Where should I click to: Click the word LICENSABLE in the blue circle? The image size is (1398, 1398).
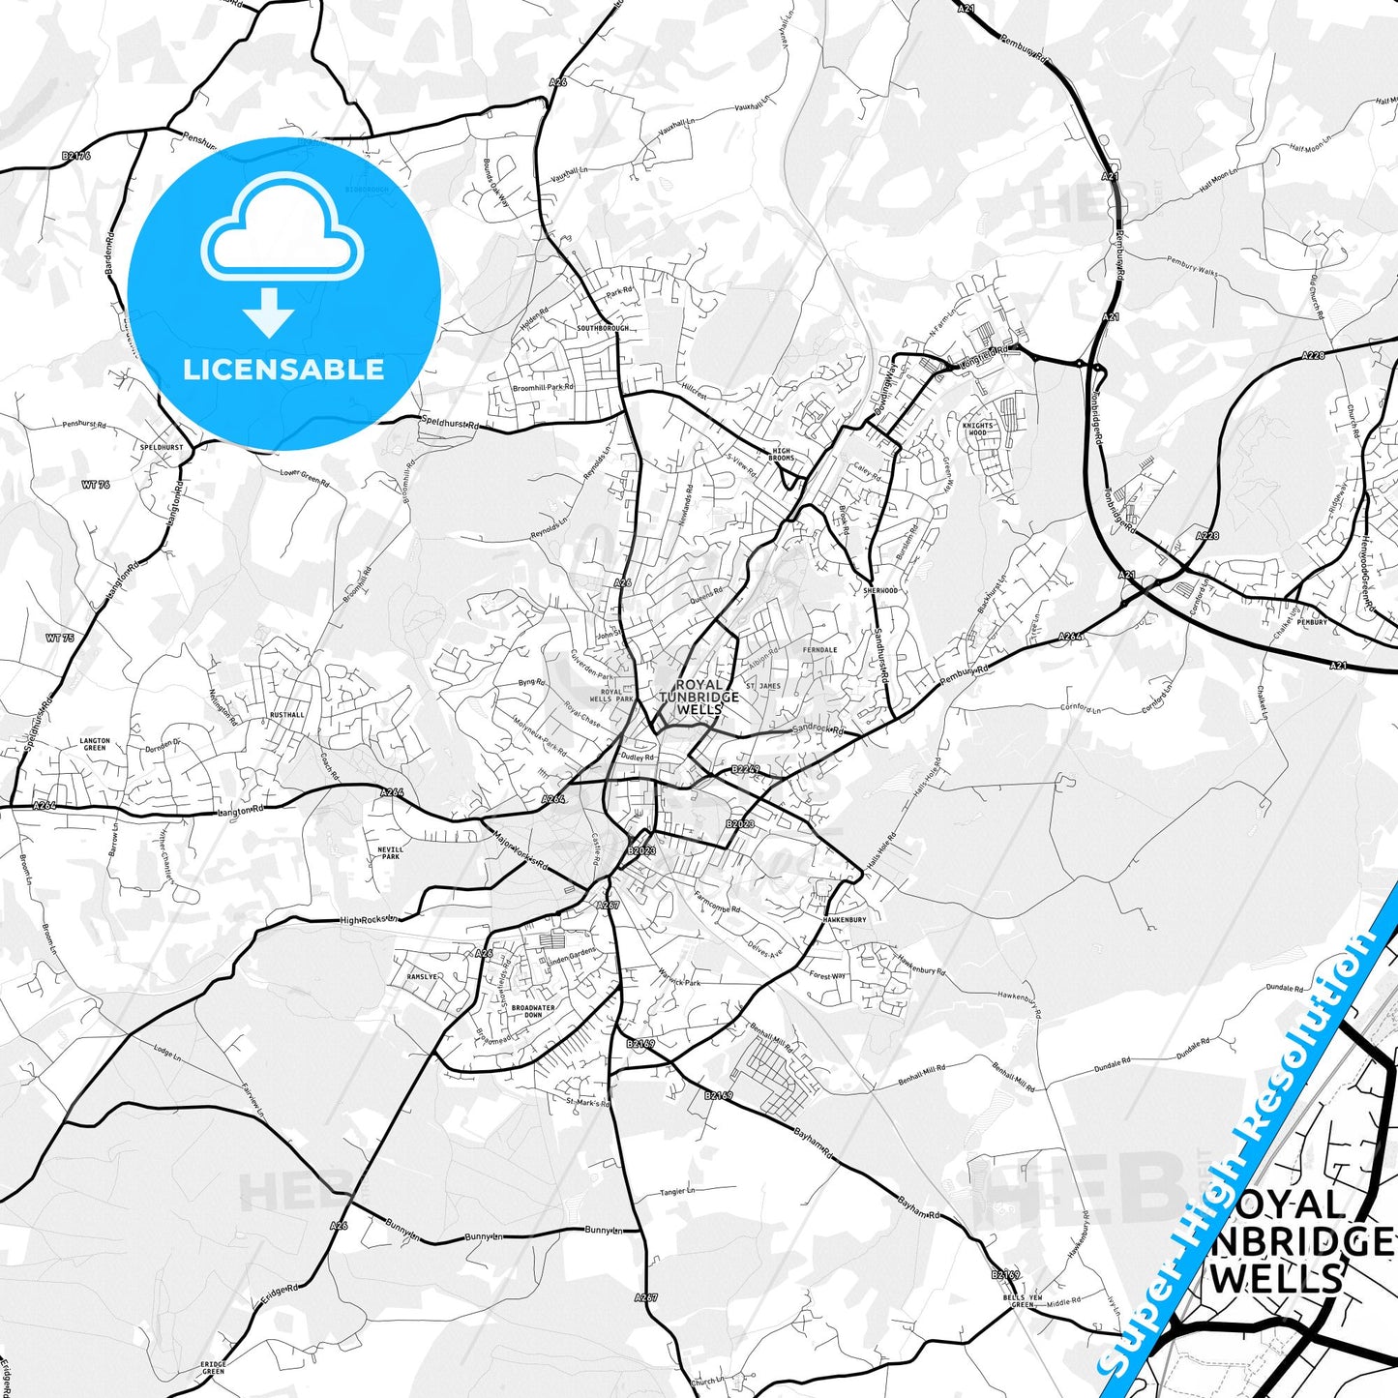pyautogui.click(x=283, y=369)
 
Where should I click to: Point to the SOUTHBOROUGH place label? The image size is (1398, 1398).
pyautogui.click(x=603, y=328)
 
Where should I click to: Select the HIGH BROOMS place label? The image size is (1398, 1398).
pyautogui.click(x=782, y=454)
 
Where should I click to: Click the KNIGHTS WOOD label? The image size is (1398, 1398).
pyautogui.click(x=978, y=430)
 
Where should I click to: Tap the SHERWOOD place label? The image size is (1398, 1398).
pyautogui.click(x=880, y=590)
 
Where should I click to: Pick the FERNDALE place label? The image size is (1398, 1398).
pyautogui.click(x=820, y=650)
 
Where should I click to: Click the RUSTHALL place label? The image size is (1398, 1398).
pyautogui.click(x=287, y=715)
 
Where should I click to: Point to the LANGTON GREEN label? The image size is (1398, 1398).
pyautogui.click(x=95, y=744)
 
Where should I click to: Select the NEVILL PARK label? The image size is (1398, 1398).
pyautogui.click(x=390, y=852)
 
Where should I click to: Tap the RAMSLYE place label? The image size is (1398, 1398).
pyautogui.click(x=422, y=977)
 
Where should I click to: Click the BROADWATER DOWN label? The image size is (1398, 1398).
pyautogui.click(x=533, y=1011)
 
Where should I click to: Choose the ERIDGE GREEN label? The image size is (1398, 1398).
pyautogui.click(x=214, y=1367)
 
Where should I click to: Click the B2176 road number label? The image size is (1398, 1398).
pyautogui.click(x=75, y=156)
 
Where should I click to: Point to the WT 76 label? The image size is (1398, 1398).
pyautogui.click(x=96, y=485)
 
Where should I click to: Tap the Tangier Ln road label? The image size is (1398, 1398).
pyautogui.click(x=677, y=1191)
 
